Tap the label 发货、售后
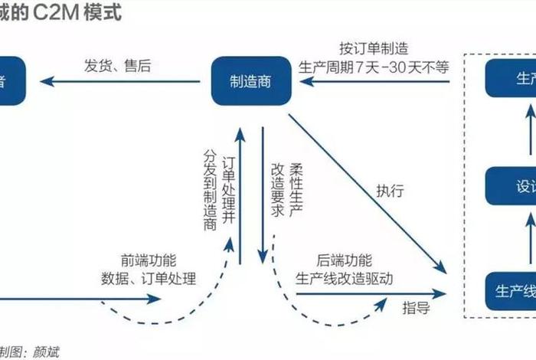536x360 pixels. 118,65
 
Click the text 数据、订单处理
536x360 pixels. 148,277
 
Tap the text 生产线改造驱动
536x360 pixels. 344,278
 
